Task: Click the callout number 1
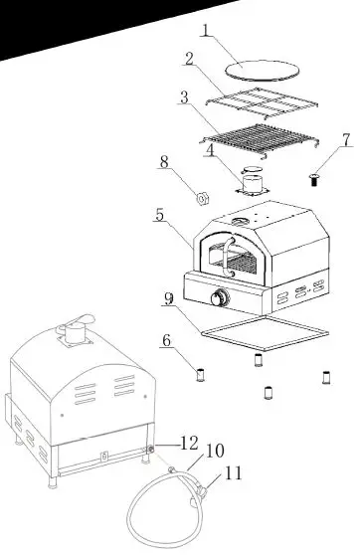point(205,31)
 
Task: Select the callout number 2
point(188,59)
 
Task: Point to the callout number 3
point(184,98)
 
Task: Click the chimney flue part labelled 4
point(254,183)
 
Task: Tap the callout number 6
point(166,341)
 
